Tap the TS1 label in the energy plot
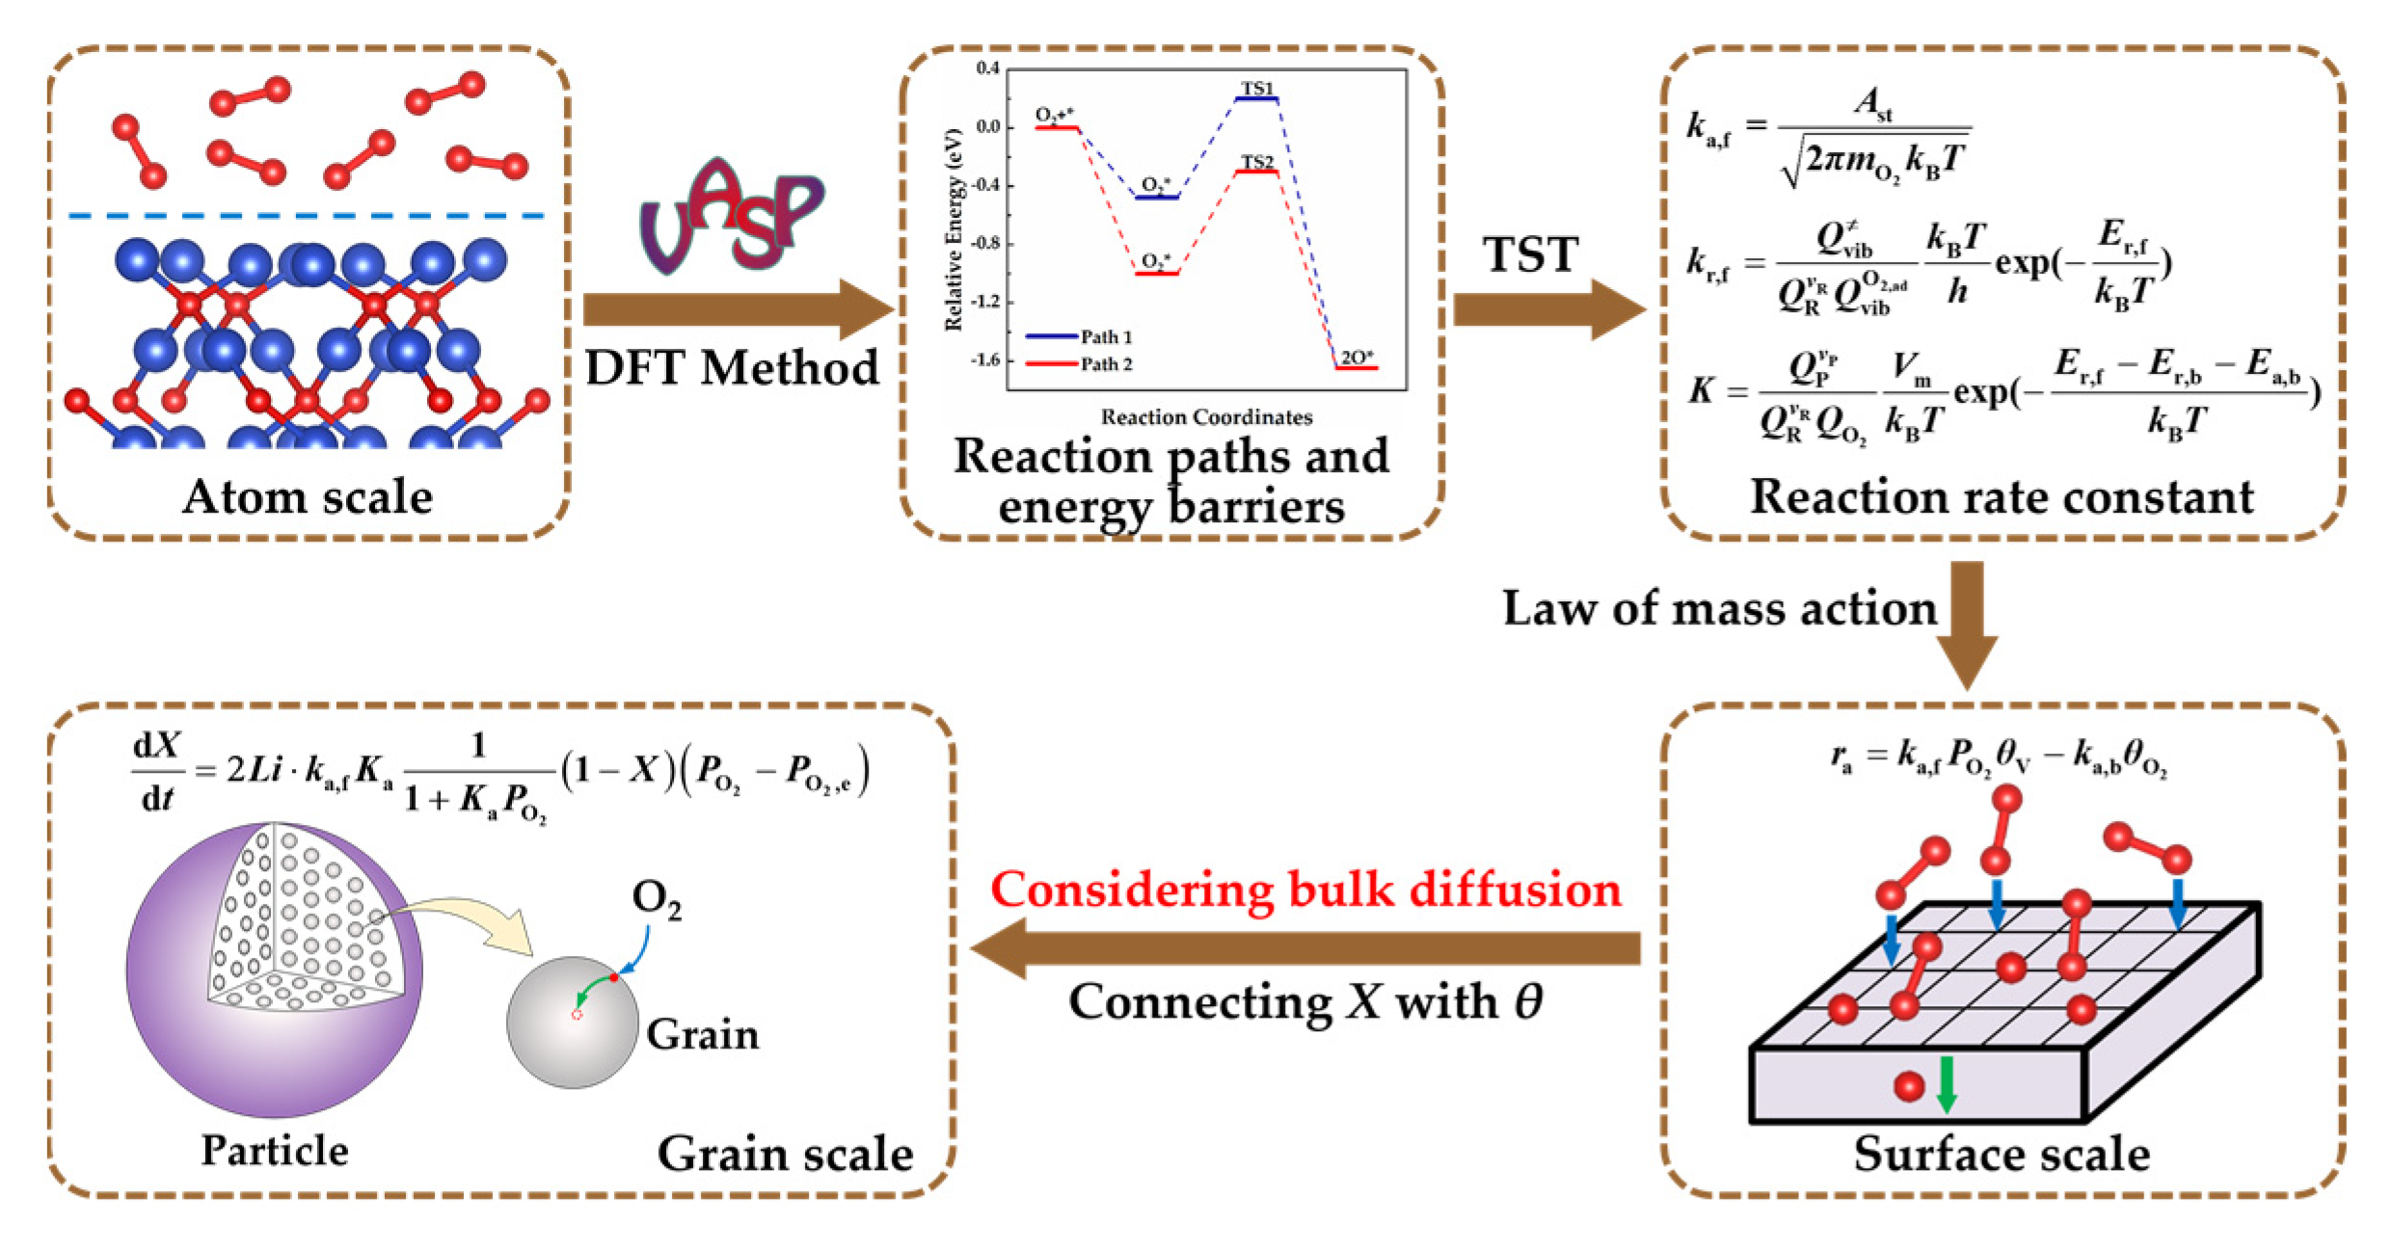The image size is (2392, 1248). [x=1256, y=89]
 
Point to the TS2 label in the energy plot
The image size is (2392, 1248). [x=1257, y=161]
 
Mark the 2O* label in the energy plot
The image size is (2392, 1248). [x=1357, y=357]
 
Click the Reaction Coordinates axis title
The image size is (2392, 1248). [x=1206, y=417]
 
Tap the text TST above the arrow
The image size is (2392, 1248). [x=1530, y=255]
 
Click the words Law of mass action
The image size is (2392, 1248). [x=1719, y=609]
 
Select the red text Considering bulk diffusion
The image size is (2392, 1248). [x=1305, y=889]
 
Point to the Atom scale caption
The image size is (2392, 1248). [x=308, y=497]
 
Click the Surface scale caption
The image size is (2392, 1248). [x=2001, y=1154]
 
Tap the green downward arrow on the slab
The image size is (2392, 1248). [x=1946, y=1083]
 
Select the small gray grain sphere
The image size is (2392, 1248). [x=573, y=1022]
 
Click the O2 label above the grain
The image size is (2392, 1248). [x=657, y=898]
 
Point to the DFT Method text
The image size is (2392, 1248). [x=732, y=368]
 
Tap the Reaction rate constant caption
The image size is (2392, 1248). [x=2001, y=497]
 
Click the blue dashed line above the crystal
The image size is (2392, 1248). [x=308, y=216]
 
